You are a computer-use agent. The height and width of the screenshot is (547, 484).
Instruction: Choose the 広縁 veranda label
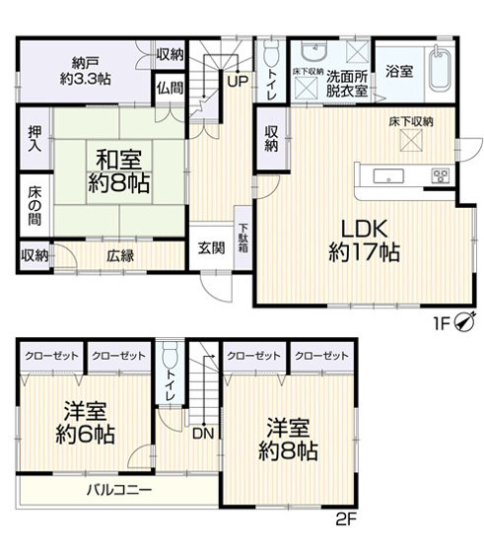(121, 256)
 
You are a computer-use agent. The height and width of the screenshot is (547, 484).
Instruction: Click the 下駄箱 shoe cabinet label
(242, 239)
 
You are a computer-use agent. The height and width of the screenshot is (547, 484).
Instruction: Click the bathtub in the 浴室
(440, 67)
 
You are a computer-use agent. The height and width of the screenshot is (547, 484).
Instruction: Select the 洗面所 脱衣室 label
(347, 83)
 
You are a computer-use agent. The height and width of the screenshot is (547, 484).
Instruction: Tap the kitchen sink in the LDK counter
(387, 177)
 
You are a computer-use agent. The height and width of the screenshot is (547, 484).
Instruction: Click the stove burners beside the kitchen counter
(439, 177)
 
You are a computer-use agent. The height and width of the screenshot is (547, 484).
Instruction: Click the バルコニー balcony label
(118, 490)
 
